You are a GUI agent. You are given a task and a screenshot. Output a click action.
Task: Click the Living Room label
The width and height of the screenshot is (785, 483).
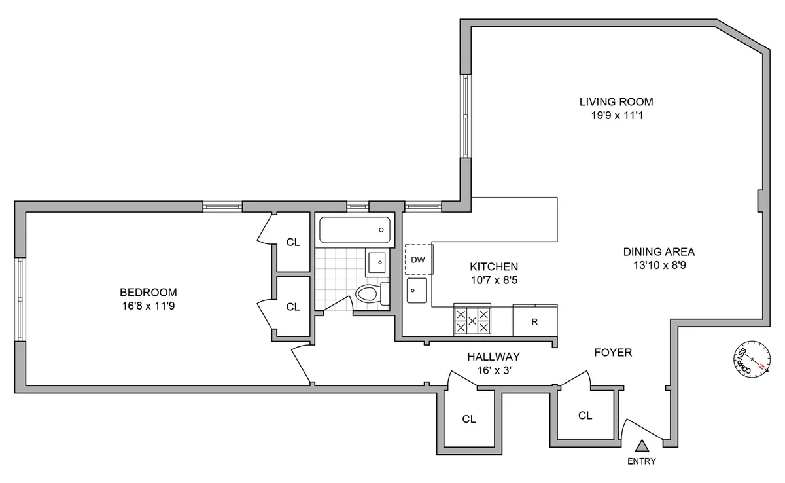click(616, 101)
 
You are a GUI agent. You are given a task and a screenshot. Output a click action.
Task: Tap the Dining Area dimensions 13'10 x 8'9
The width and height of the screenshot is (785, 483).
click(658, 266)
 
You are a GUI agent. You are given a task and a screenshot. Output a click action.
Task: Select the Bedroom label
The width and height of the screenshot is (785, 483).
click(148, 292)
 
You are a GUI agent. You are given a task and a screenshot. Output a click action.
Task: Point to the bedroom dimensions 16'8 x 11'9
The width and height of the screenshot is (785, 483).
click(148, 306)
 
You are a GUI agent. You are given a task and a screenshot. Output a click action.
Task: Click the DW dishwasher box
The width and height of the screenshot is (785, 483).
click(417, 260)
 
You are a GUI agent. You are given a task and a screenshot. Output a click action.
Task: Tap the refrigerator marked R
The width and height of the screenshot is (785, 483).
click(534, 321)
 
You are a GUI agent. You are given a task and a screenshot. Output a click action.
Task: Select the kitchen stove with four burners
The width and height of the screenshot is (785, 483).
click(472, 321)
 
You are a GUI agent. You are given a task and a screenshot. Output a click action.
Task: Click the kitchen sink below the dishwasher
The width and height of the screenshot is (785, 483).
click(416, 290)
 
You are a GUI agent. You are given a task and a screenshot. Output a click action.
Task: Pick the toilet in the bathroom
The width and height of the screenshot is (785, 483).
click(372, 294)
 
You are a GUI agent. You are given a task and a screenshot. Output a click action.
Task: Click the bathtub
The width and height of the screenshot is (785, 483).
click(356, 231)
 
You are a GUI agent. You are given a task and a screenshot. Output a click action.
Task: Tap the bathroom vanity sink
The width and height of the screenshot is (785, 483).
click(377, 263)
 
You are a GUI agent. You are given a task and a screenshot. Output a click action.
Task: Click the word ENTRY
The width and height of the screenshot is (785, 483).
click(641, 461)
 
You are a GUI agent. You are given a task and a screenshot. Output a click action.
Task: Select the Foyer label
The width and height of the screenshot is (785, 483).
click(612, 353)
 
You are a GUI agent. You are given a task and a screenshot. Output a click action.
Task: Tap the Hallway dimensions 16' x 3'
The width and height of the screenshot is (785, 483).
click(493, 370)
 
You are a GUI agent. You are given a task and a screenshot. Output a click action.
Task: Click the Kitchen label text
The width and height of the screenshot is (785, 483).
click(494, 266)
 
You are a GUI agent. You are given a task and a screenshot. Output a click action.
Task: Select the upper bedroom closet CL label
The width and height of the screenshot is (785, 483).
click(293, 242)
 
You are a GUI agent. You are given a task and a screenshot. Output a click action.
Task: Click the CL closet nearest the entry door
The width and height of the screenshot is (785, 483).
click(585, 415)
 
